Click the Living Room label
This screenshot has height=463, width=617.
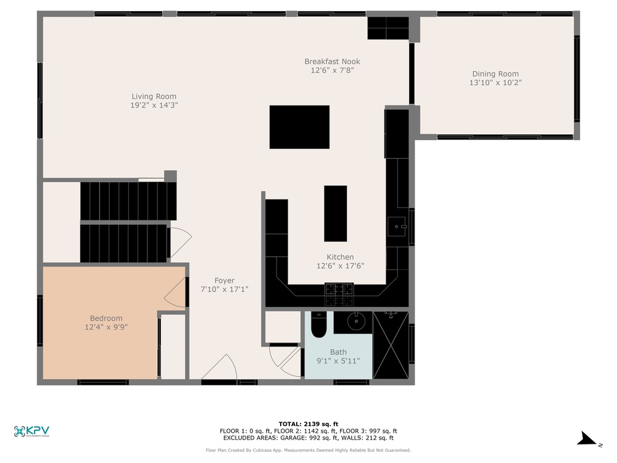click(154, 96)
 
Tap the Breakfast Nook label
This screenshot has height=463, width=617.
click(332, 61)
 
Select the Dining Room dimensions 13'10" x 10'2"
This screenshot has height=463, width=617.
click(495, 83)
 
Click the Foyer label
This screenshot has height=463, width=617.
click(225, 280)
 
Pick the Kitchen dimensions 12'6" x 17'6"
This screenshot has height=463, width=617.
click(341, 265)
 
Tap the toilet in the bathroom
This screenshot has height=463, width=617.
click(318, 325)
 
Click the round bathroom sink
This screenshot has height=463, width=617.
click(357, 322)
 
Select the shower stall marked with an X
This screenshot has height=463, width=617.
click(391, 345)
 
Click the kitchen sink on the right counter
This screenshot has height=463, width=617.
click(397, 227)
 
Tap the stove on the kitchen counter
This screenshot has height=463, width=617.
click(339, 294)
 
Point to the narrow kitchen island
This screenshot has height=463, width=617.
click(335, 214)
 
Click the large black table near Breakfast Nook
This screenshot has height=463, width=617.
click(299, 127)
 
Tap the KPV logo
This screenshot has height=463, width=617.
click(31, 431)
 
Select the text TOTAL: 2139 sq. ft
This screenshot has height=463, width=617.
click(308, 424)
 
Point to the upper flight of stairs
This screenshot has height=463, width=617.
click(128, 201)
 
